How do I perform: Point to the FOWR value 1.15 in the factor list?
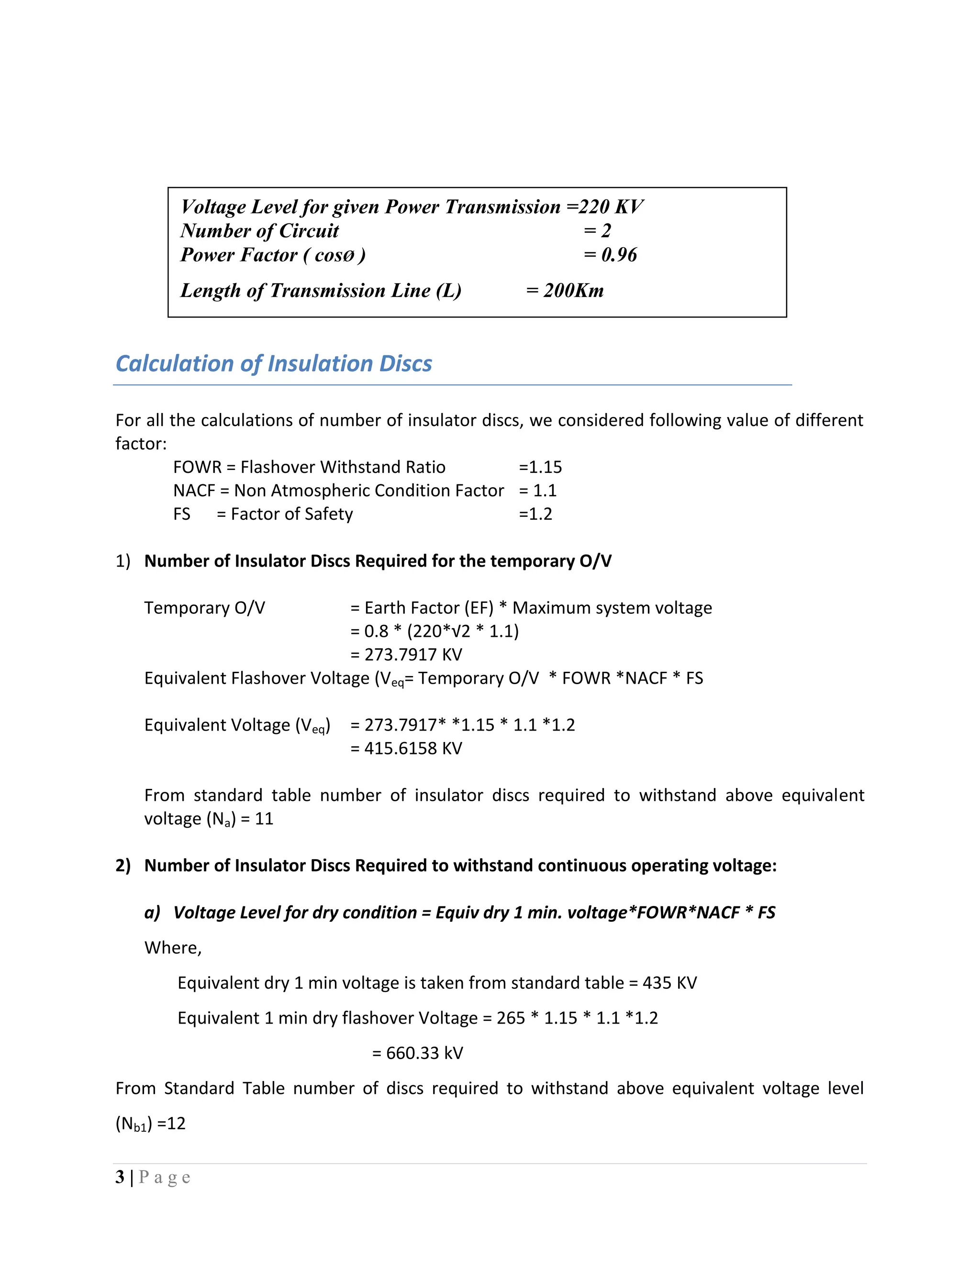point(545,467)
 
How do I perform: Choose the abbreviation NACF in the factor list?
point(194,491)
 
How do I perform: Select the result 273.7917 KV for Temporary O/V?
point(413,655)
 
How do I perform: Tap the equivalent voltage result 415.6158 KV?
point(413,748)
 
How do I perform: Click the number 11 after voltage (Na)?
point(264,819)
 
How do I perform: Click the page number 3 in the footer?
point(120,1177)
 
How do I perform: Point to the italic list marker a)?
point(152,913)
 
